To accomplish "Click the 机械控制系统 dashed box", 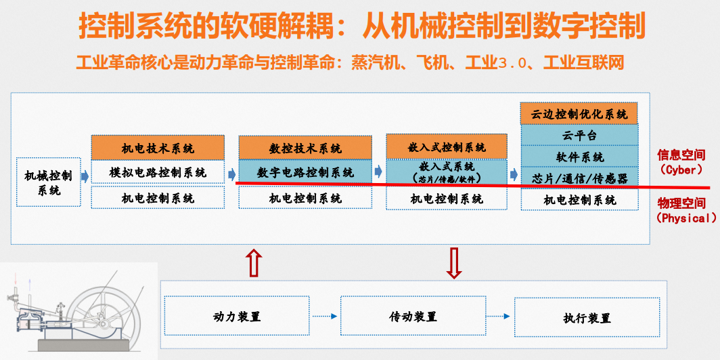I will (48, 182).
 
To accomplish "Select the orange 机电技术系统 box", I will (158, 148).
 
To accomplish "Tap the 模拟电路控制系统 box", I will (158, 172).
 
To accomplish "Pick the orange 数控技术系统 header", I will (305, 148).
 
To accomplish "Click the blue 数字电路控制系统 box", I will (305, 172).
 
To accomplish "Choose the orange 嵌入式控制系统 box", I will (447, 146).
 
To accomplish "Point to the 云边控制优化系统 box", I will (580, 114).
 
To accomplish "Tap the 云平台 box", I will (580, 135).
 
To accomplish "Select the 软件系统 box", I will (580, 157).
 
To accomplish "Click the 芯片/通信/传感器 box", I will (580, 178).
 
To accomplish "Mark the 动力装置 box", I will (237, 317).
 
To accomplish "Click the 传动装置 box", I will (413, 317).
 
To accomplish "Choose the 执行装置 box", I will (587, 317).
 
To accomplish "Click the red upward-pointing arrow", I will (254, 262).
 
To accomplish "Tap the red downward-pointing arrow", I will (454, 262).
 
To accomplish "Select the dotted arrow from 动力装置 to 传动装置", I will (325, 317).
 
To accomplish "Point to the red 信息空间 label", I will (681, 155).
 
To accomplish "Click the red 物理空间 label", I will (681, 203).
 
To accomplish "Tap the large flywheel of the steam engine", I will (108, 312).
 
